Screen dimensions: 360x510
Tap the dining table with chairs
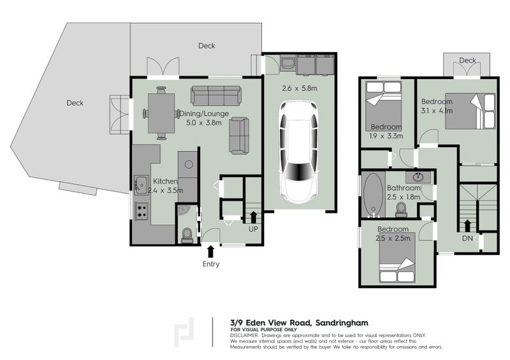coord(161,113)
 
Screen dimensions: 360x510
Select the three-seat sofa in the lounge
coord(217,96)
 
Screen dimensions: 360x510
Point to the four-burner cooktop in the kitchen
coord(142,210)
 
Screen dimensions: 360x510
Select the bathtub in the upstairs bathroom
coord(372,196)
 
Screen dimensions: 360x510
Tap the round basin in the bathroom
coord(419,176)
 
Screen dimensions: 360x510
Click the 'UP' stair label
coord(254,228)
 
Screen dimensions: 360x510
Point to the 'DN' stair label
coord(467,240)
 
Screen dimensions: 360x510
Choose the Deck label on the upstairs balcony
coord(467,61)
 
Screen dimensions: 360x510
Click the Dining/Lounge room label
coord(204,114)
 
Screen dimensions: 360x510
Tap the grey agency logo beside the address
coord(187,331)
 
